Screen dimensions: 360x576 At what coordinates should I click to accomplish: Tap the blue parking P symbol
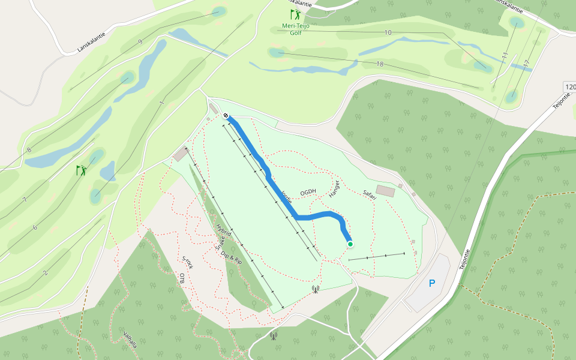(432, 283)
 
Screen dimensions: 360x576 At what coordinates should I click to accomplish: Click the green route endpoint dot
(350, 244)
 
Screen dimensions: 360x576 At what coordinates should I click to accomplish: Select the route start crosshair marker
(226, 116)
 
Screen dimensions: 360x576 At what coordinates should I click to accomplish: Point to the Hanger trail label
(334, 188)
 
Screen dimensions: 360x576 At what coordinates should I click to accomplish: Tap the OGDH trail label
(308, 192)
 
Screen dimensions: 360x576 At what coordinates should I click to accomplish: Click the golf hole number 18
(380, 64)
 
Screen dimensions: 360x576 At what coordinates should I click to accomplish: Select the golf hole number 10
(388, 32)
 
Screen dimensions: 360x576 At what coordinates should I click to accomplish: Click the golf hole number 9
(140, 41)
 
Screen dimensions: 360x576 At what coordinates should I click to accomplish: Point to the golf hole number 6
(35, 227)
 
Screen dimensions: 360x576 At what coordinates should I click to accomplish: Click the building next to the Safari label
(386, 191)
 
